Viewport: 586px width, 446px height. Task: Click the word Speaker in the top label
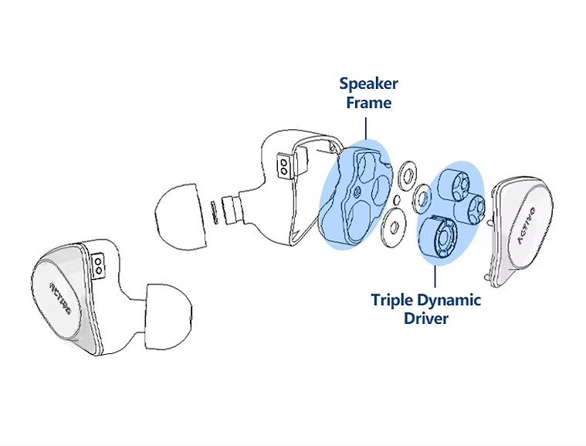(368, 84)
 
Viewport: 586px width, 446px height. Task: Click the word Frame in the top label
(368, 103)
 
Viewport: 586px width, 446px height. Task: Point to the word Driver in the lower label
(425, 318)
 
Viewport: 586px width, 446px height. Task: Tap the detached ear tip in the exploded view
(182, 212)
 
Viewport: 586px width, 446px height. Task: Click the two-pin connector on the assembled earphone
(99, 267)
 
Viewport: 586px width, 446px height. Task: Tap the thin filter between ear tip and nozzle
(213, 211)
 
